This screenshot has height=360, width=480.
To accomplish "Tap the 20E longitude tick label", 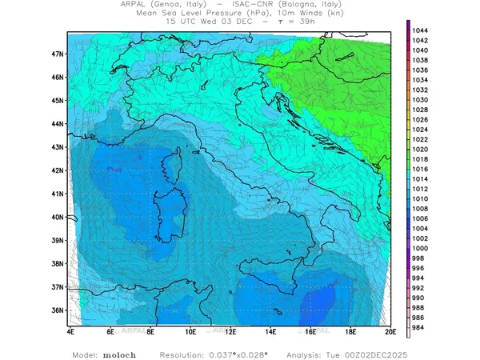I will pos(390,330).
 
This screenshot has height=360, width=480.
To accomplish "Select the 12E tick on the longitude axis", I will pos(230,330).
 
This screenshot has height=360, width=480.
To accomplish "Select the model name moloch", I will pos(118,354).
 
